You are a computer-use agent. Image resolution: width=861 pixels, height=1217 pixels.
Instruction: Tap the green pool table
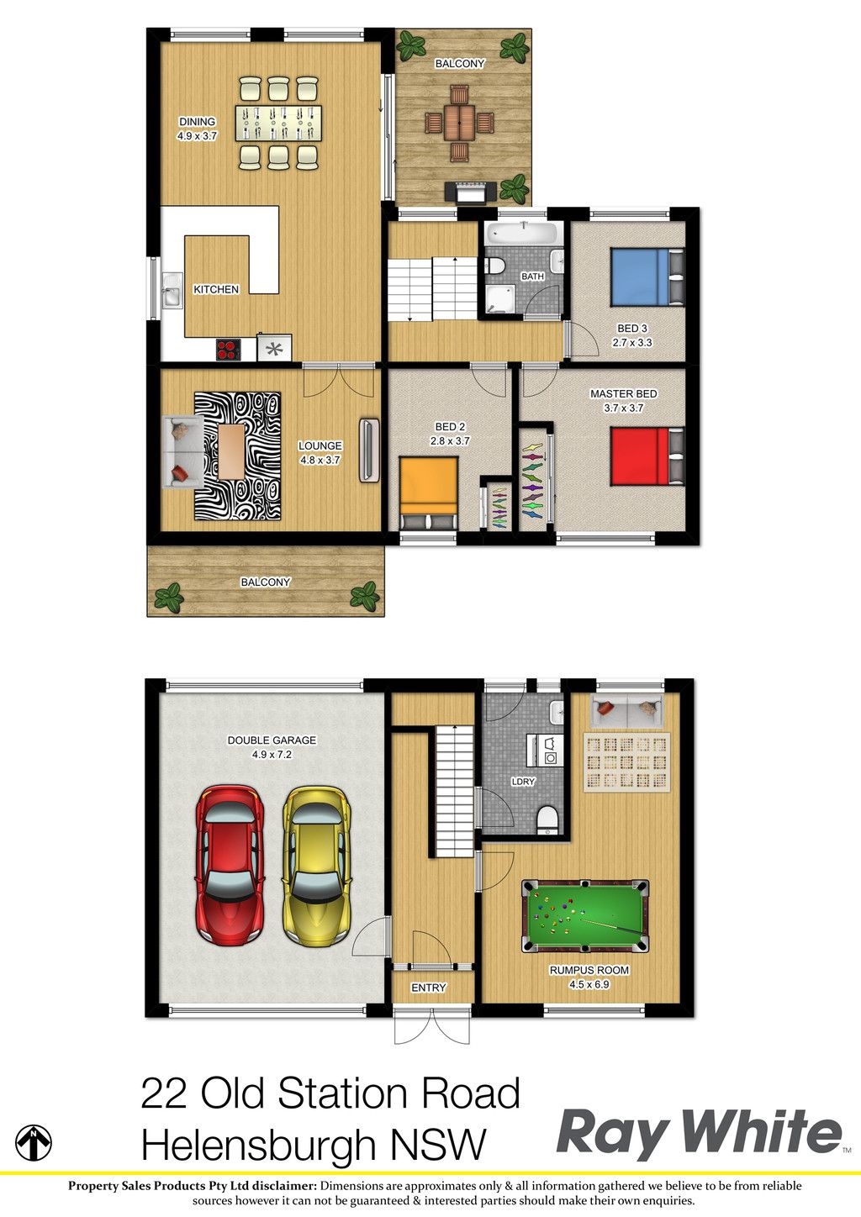tap(585, 916)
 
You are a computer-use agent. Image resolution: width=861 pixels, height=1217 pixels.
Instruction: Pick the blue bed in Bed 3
tap(647, 277)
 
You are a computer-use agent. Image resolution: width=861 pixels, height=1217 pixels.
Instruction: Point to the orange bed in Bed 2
tap(428, 493)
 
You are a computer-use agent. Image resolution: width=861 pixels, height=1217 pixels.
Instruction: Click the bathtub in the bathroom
tap(520, 234)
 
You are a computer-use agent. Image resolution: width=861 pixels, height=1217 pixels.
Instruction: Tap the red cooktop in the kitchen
tap(229, 350)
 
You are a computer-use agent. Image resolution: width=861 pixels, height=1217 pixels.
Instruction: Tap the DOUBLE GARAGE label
tap(272, 740)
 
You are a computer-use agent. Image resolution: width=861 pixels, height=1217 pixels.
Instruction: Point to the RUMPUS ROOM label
tap(589, 971)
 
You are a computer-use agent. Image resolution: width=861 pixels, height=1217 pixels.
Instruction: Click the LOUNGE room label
tap(320, 445)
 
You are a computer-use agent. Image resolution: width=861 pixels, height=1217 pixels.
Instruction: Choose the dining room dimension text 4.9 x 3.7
tap(197, 136)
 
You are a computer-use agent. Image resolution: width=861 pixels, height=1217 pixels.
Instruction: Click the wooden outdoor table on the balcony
tap(459, 122)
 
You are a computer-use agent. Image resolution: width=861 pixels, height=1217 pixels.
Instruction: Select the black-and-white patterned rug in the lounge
tap(238, 456)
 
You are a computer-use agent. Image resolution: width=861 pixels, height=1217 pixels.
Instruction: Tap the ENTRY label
tap(428, 988)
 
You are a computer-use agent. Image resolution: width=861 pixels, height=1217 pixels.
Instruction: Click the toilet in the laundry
tap(547, 821)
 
